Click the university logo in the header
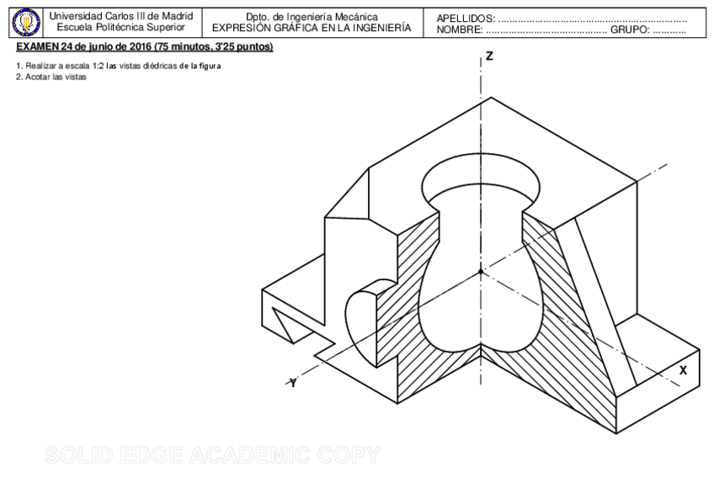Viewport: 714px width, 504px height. (28, 22)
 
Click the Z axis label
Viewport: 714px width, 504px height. (488, 56)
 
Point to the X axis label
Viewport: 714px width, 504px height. (683, 370)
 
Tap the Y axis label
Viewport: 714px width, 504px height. (292, 383)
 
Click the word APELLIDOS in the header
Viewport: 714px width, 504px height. (466, 18)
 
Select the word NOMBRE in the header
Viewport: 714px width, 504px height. (460, 29)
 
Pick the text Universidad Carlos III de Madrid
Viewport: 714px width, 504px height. (121, 16)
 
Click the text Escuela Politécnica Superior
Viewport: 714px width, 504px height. (120, 28)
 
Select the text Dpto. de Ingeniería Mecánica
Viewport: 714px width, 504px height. (312, 16)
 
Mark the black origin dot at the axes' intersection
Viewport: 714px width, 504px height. (481, 272)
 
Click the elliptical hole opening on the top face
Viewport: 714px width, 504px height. (481, 180)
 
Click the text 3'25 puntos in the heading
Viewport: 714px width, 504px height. (244, 47)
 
